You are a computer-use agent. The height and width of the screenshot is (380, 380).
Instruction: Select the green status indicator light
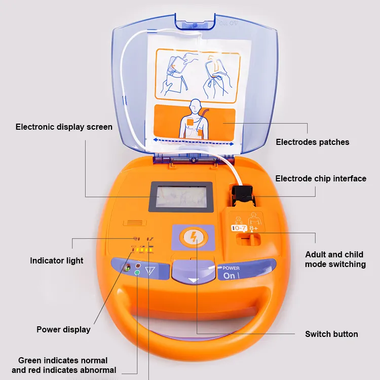137,273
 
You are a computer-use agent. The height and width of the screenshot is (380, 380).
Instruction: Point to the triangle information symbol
149,270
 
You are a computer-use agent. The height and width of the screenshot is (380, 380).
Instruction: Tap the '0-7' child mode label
238,229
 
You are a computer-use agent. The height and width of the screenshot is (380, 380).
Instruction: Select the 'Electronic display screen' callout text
64,127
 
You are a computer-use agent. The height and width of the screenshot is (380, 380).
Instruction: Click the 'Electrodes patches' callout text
312,142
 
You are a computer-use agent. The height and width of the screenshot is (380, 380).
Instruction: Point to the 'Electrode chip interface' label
321,178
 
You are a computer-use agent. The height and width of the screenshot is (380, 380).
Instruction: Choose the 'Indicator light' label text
57,260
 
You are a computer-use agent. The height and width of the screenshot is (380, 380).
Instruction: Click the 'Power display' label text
63,329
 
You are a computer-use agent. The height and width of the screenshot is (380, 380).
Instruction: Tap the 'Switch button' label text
331,334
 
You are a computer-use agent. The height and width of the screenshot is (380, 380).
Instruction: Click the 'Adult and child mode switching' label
335,259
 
